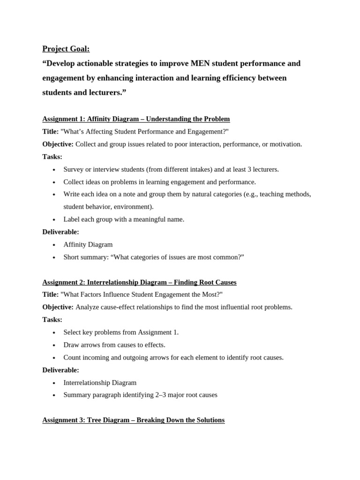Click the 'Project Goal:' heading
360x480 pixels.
(x=66, y=49)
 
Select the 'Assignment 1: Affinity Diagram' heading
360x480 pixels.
(x=136, y=119)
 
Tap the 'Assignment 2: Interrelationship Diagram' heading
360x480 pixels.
(x=139, y=282)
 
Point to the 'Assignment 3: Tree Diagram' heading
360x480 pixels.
(x=133, y=420)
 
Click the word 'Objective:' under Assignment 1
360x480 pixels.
(x=58, y=144)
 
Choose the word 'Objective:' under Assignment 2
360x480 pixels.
(x=58, y=307)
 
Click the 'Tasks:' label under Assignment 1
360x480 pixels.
(x=52, y=157)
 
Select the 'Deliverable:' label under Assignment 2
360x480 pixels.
(x=60, y=370)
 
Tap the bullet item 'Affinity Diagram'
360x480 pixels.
(x=88, y=244)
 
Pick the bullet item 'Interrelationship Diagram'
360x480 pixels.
(x=100, y=382)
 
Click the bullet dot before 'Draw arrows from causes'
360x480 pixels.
(x=54, y=345)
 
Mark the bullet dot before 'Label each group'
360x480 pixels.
(x=54, y=220)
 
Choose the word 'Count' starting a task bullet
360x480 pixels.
(x=73, y=357)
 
